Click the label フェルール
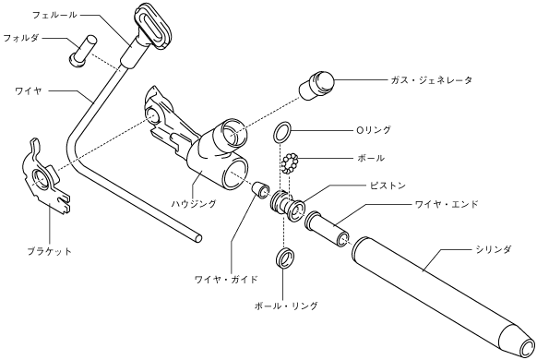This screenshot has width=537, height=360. tap(54, 16)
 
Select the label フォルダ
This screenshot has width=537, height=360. tap(21, 38)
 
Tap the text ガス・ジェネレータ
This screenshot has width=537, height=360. tap(431, 80)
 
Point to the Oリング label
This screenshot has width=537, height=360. tap(373, 130)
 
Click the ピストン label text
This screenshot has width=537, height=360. tap(387, 186)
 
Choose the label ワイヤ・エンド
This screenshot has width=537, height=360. tap(446, 205)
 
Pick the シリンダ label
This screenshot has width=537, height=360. tap(493, 249)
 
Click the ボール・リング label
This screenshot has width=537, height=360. tap(286, 306)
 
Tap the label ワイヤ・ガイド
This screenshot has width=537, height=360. tap(226, 279)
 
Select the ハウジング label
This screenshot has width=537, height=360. tap(194, 203)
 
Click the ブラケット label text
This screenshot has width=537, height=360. tap(50, 251)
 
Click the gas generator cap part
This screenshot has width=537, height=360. tap(316, 85)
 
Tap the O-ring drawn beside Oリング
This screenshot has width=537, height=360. tap(282, 131)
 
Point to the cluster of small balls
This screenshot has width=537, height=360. tap(291, 163)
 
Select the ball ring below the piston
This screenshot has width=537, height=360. tap(285, 258)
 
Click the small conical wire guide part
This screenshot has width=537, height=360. tap(260, 189)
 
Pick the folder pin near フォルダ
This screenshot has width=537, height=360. tap(82, 51)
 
